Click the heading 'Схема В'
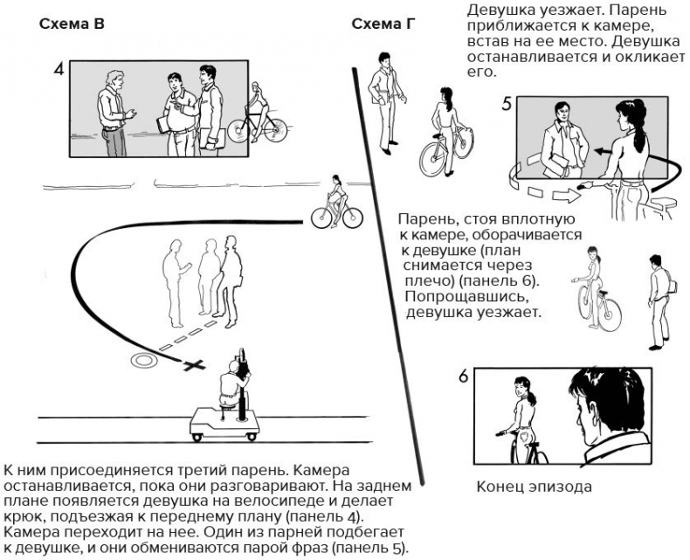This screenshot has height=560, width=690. click(72, 24)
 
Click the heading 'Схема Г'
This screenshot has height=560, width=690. click(383, 24)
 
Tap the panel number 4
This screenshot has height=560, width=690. click(59, 69)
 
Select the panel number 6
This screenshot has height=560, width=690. click(464, 377)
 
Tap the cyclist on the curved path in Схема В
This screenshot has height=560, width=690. click(336, 204)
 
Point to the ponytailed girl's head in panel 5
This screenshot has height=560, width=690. click(631, 115)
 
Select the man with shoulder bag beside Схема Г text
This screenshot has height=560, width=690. click(661, 297)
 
